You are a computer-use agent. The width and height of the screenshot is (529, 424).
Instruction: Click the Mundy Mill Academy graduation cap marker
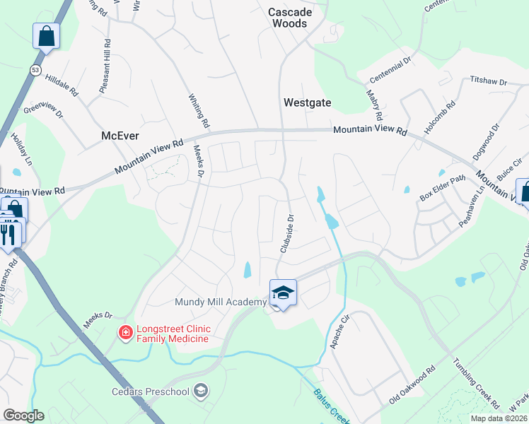(283, 293)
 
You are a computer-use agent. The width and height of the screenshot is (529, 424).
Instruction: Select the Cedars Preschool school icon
(202, 391)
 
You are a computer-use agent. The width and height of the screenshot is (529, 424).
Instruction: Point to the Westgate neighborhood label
(307, 102)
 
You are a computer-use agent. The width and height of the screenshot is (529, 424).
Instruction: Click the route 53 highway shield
(35, 69)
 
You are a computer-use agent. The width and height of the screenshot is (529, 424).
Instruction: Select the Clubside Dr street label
(287, 234)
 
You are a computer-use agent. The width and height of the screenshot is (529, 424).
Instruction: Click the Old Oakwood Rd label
(413, 387)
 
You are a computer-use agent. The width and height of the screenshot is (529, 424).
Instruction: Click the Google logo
(23, 415)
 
